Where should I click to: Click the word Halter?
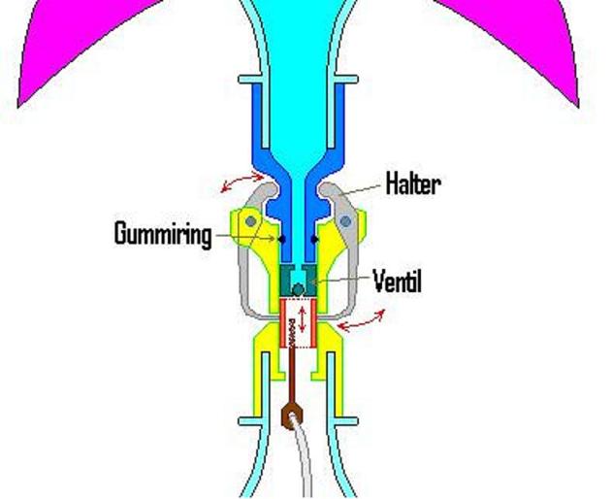pyautogui.click(x=412, y=183)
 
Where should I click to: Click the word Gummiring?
pyautogui.click(x=162, y=234)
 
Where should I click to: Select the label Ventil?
pyautogui.click(x=398, y=282)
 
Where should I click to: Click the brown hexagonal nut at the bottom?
pyautogui.click(x=291, y=417)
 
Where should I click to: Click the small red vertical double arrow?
pyautogui.click(x=301, y=318)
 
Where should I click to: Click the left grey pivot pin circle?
pyautogui.click(x=252, y=221)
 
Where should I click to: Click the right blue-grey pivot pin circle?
pyautogui.click(x=345, y=221)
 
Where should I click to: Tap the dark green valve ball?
pyautogui.click(x=299, y=289)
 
